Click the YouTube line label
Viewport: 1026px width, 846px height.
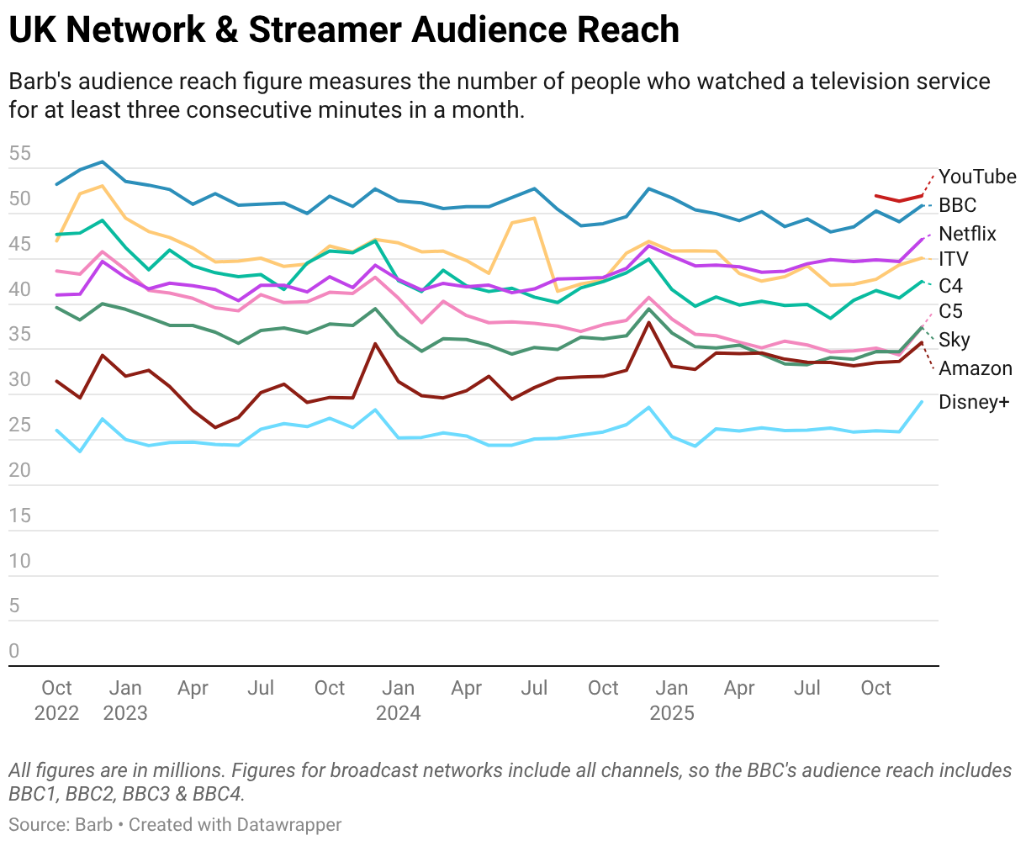click(x=977, y=177)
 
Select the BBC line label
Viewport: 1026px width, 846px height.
click(x=958, y=205)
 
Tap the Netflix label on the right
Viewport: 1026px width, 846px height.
click(x=967, y=234)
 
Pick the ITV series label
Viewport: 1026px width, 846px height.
click(x=954, y=259)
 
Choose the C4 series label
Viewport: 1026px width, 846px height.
click(x=951, y=286)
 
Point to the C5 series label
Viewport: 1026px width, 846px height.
click(x=951, y=312)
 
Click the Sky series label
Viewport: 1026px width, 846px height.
click(x=955, y=340)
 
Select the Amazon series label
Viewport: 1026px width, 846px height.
click(x=976, y=368)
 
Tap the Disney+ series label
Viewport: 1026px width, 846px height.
click(x=974, y=402)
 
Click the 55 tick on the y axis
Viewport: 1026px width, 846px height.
click(x=20, y=154)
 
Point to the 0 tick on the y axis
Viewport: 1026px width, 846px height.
click(x=14, y=651)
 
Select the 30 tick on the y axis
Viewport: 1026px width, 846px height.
click(x=20, y=380)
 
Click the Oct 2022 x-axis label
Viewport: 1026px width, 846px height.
click(x=57, y=701)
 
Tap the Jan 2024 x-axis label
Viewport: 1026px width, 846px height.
click(x=399, y=701)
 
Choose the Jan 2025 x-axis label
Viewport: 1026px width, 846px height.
click(x=672, y=701)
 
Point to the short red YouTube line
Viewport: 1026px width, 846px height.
click(x=899, y=198)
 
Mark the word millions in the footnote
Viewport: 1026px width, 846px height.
click(x=189, y=770)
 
